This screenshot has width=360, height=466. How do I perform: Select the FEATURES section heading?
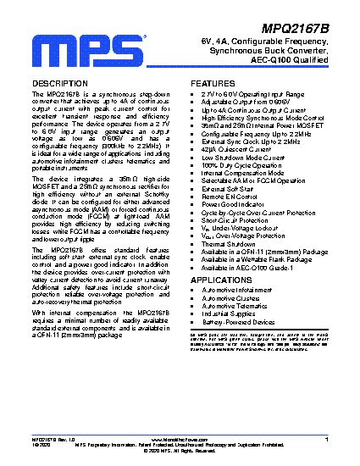pos(219,83)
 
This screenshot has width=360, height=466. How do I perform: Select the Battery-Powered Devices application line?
pos(238,322)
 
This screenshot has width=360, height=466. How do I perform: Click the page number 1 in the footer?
pos(326,440)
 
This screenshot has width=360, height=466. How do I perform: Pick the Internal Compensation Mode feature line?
pos(246,173)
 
